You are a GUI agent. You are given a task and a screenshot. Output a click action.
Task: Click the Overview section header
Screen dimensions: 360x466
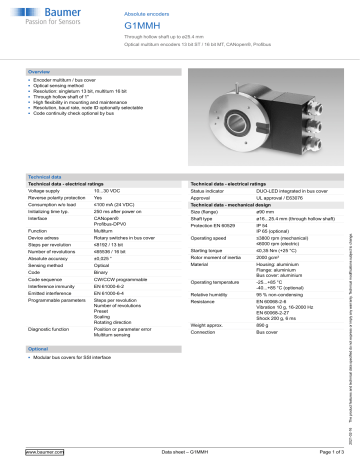point(40,73)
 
